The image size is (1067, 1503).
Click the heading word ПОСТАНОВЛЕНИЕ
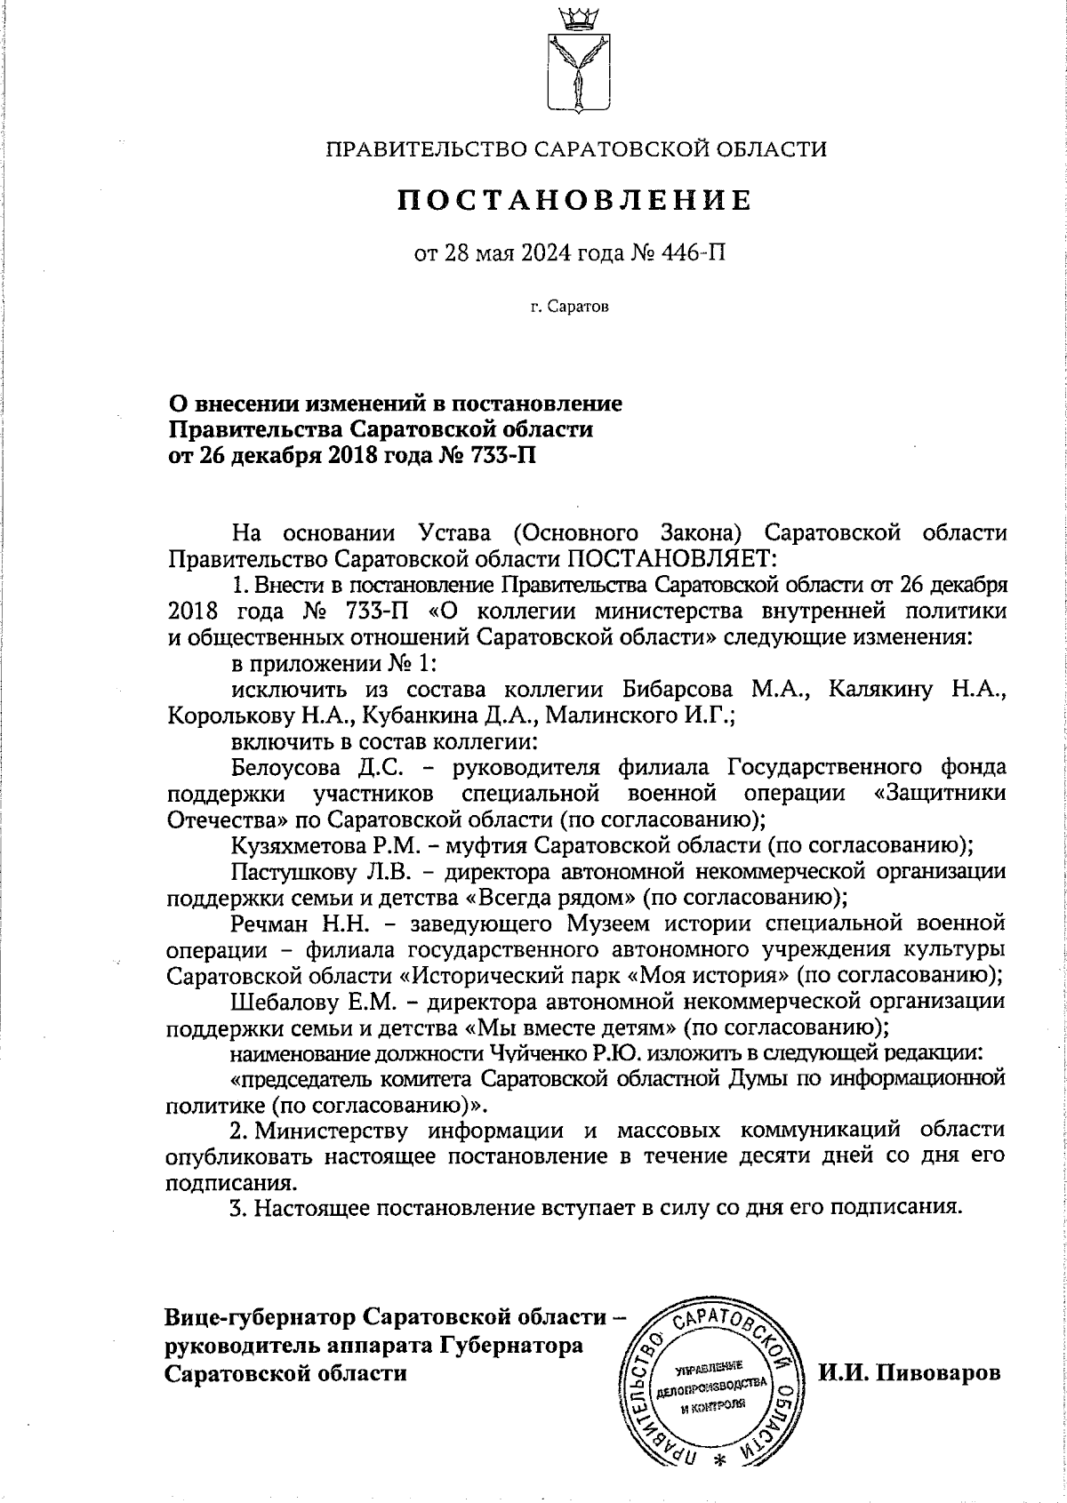[x=574, y=200]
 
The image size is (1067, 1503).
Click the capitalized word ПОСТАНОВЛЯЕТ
[x=672, y=559]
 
